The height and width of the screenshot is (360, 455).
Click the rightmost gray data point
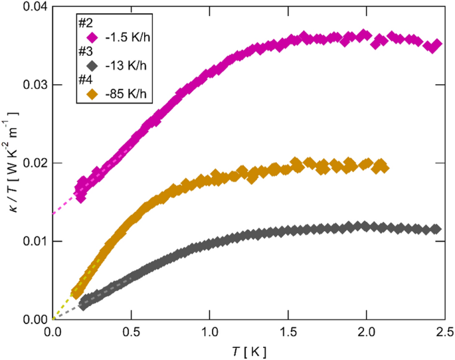coord(436,229)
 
